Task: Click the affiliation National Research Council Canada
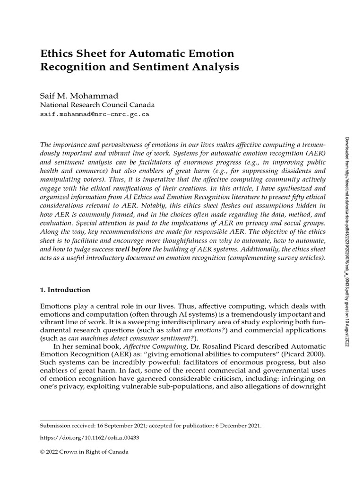coord(97,105)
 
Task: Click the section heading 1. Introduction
coord(65,290)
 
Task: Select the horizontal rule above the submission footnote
coord(107,420)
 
